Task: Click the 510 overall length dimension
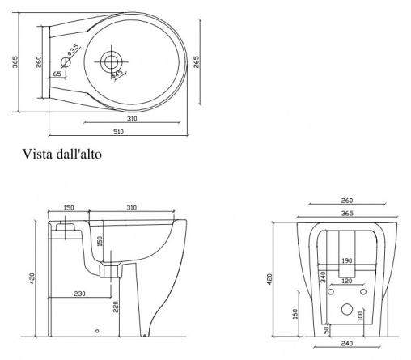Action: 118,132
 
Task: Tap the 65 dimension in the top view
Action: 57,74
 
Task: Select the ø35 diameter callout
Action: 74,49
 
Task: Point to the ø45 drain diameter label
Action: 117,74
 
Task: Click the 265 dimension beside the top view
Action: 196,61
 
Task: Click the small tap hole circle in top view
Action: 66,62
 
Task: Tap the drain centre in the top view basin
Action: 111,61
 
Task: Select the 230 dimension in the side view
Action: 80,294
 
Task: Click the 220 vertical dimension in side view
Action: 116,307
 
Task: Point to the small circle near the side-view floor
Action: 97,331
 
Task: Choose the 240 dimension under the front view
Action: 347,344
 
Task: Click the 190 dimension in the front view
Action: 347,260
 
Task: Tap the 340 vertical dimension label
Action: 323,277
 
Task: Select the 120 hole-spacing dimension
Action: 347,281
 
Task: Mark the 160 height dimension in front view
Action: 294,315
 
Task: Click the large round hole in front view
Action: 347,309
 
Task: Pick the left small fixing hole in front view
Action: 331,292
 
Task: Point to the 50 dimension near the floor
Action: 326,330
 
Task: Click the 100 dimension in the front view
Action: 361,316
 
